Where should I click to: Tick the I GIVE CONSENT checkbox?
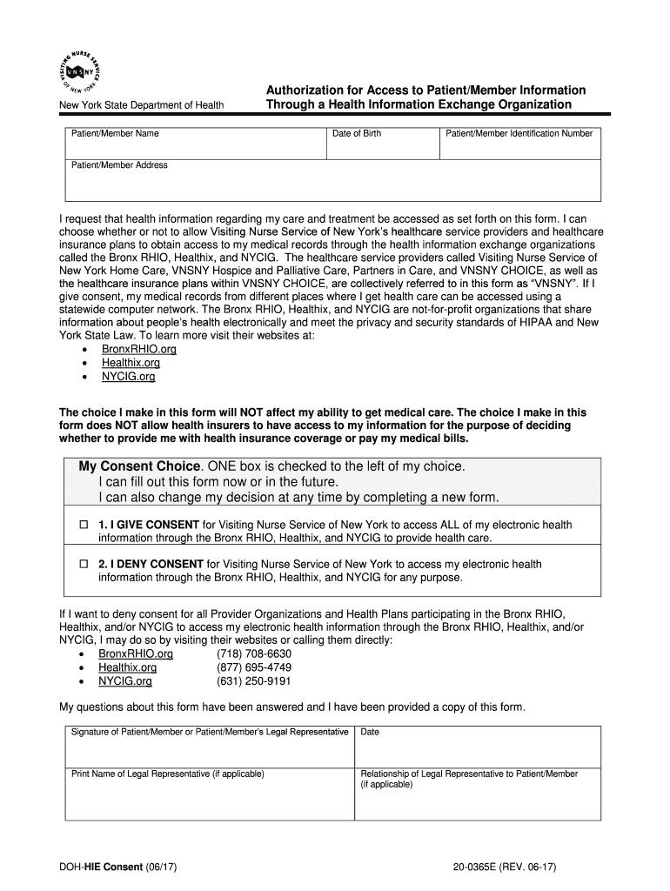click(84, 526)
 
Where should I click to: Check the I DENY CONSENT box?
click(84, 565)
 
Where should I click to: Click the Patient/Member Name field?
click(195, 146)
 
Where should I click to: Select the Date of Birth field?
click(382, 146)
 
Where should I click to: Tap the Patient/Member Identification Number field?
click(519, 146)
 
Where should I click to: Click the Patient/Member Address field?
click(333, 183)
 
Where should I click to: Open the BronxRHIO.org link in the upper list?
click(139, 349)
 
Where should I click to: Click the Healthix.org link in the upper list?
click(131, 363)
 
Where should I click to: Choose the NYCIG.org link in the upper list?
click(129, 377)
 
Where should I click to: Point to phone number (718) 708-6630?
click(254, 653)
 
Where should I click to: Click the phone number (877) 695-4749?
click(254, 667)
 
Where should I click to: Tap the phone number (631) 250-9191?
click(254, 681)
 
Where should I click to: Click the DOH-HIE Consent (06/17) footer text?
click(119, 868)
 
